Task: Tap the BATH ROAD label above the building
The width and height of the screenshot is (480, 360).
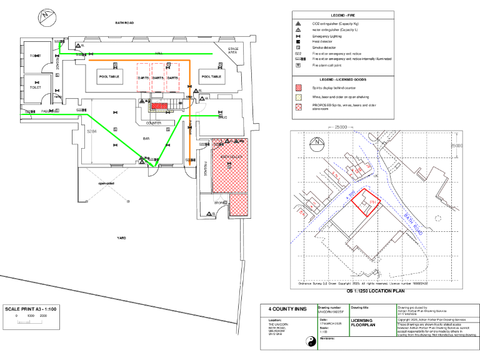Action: (x=124, y=22)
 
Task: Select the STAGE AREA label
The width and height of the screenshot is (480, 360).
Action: (x=233, y=50)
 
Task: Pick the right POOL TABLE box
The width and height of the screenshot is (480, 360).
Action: (x=211, y=76)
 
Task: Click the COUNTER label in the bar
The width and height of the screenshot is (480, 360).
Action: (x=154, y=123)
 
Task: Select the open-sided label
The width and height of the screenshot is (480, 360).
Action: (x=106, y=183)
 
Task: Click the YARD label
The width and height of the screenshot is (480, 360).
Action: (x=122, y=238)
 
